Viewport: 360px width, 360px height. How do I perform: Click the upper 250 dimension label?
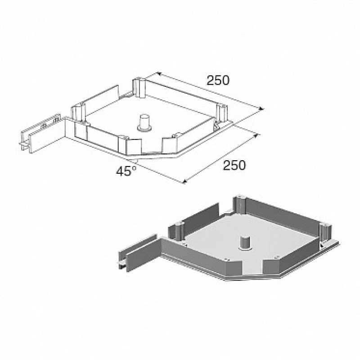click(x=218, y=81)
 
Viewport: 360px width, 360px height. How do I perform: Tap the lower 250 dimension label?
click(x=234, y=165)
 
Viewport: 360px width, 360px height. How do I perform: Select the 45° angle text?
click(x=126, y=171)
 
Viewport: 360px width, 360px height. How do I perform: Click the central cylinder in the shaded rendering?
click(x=245, y=243)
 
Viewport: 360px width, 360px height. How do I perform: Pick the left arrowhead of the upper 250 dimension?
click(x=158, y=74)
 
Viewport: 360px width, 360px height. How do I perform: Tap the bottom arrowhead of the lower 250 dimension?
click(x=184, y=181)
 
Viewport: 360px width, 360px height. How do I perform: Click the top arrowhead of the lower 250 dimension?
click(x=256, y=135)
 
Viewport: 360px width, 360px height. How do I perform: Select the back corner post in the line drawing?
click(x=139, y=88)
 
